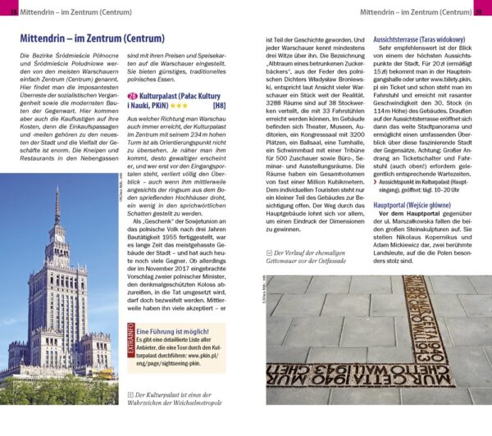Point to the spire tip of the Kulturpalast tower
pos(57,190)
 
